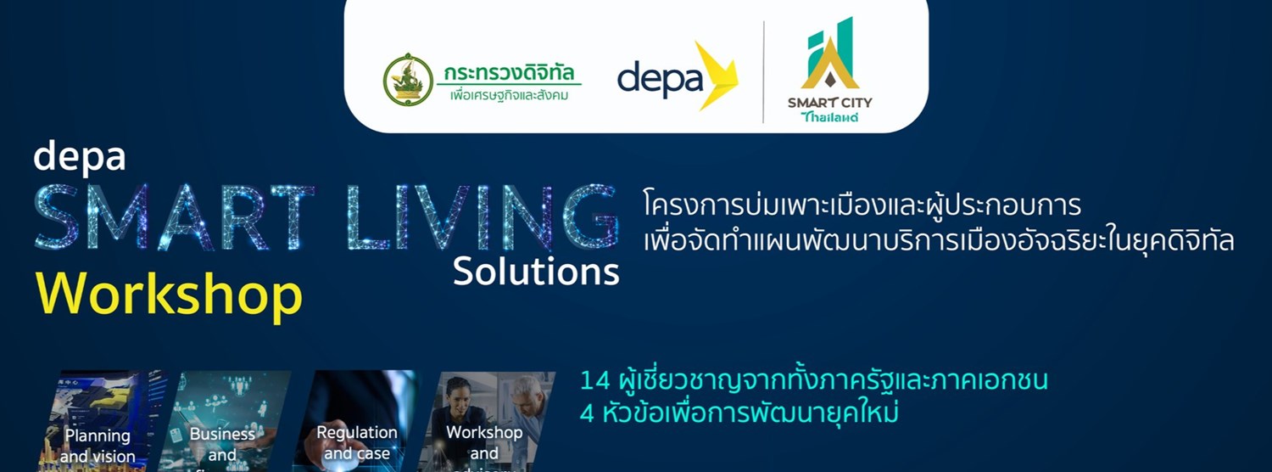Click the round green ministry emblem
click(x=408, y=80)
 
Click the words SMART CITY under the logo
click(x=829, y=103)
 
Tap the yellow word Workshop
click(x=169, y=295)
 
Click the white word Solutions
click(x=536, y=271)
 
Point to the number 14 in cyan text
click(x=594, y=380)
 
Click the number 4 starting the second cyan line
click(x=587, y=413)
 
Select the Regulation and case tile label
click(x=357, y=443)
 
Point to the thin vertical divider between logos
click(x=763, y=73)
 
